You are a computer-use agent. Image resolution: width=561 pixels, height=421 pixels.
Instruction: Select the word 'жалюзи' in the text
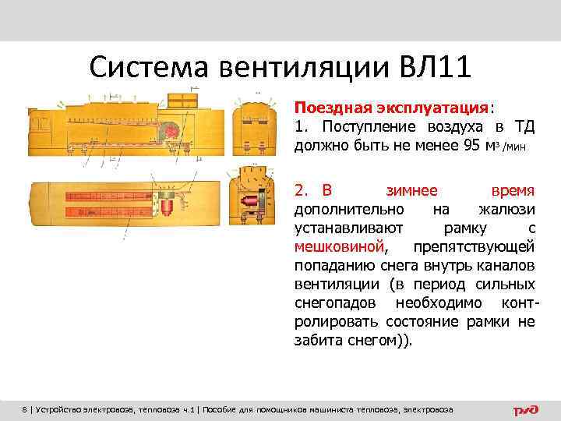(506, 209)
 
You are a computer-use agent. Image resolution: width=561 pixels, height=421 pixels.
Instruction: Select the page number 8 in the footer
(24, 409)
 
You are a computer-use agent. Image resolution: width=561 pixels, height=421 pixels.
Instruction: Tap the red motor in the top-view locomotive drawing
(167, 206)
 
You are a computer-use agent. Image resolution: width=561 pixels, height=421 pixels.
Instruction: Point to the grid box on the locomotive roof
(179, 100)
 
